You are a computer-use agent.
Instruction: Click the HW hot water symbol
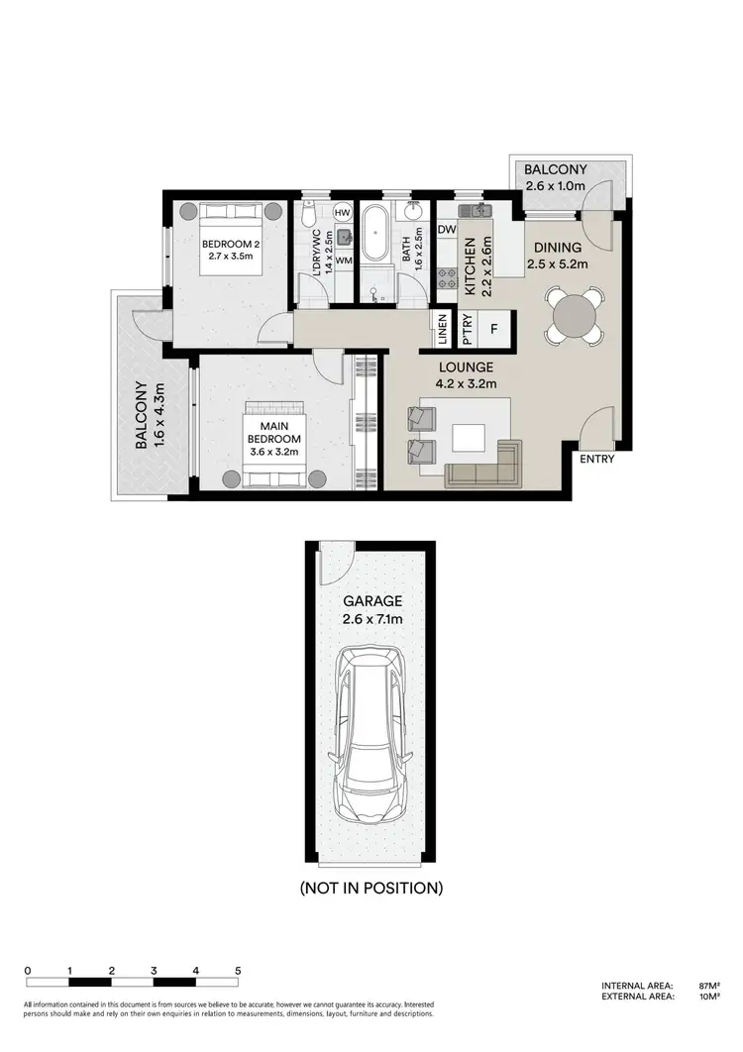point(343,213)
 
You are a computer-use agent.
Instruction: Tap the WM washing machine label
point(343,261)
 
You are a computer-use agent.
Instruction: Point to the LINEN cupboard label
point(441,330)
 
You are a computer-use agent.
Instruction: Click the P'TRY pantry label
point(467,330)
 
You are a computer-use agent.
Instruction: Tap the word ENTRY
point(595,459)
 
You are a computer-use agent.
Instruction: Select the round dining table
point(575,316)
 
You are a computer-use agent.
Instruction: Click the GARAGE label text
point(371,600)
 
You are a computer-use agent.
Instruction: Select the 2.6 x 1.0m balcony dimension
point(556,186)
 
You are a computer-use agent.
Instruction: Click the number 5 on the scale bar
point(238,971)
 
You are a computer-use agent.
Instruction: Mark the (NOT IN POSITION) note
point(371,888)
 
